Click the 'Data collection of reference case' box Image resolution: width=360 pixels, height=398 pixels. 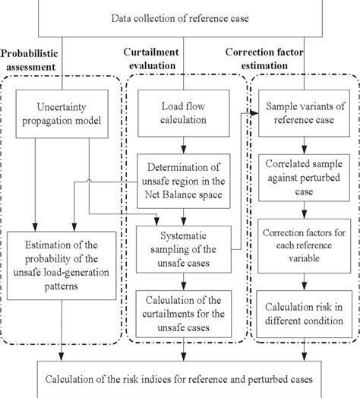tap(180, 18)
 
